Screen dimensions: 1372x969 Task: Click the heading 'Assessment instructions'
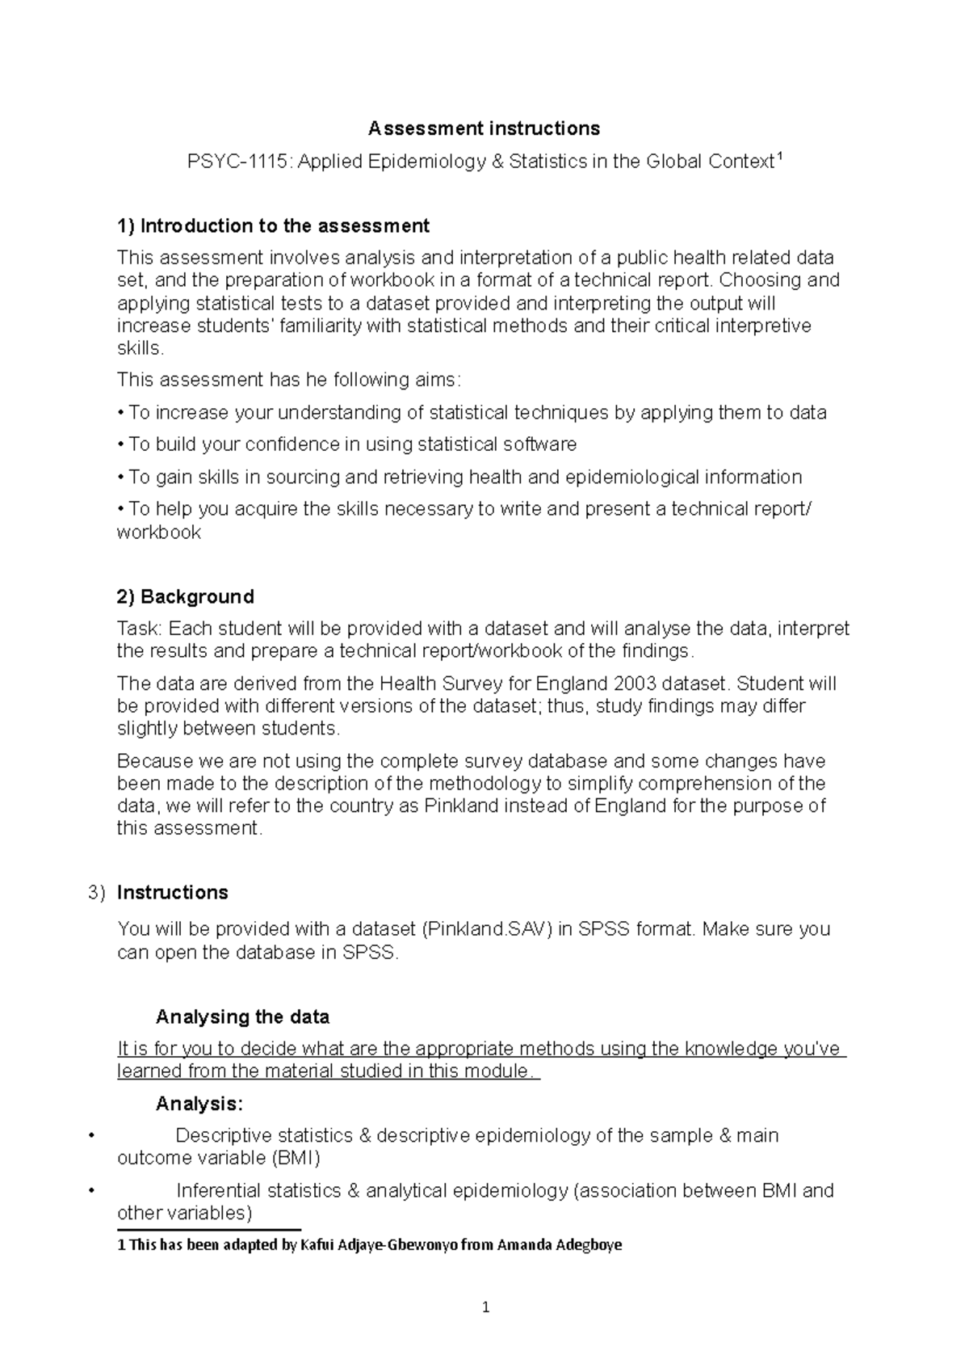pyautogui.click(x=484, y=128)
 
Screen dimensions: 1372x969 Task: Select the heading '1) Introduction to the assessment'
pyautogui.click(x=273, y=225)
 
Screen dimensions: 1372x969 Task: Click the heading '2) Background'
pyautogui.click(x=185, y=596)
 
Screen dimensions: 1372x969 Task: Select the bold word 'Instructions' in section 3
pyautogui.click(x=172, y=892)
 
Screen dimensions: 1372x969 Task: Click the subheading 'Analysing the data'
pyautogui.click(x=242, y=1016)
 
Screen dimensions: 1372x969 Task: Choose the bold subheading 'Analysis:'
pyautogui.click(x=199, y=1104)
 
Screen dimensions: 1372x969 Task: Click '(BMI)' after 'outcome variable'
pyautogui.click(x=296, y=1158)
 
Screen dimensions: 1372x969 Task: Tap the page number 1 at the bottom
pyautogui.click(x=484, y=1307)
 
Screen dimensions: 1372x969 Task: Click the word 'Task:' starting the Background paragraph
pyautogui.click(x=140, y=629)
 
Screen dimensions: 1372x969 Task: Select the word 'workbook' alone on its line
pyautogui.click(x=158, y=532)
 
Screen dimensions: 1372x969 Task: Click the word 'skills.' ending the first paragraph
pyautogui.click(x=141, y=348)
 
